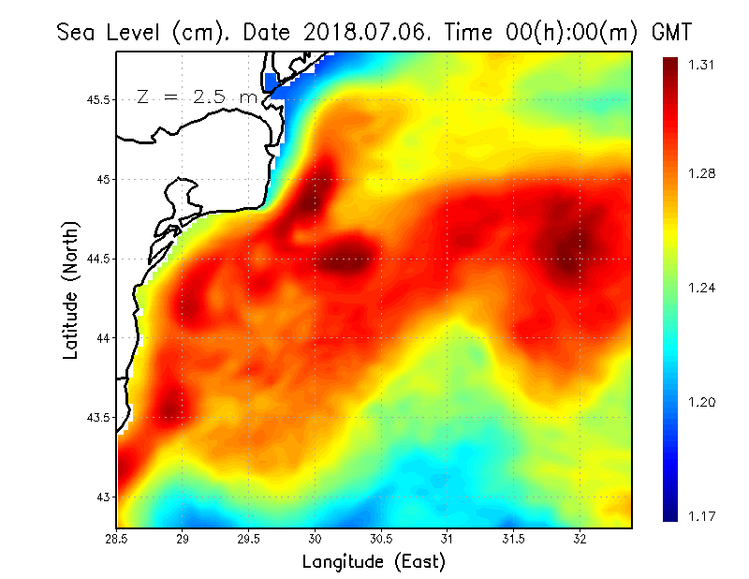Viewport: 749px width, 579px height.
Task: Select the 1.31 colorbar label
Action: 702,65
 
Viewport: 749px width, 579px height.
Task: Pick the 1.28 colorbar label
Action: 702,173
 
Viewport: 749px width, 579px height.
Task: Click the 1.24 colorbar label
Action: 702,288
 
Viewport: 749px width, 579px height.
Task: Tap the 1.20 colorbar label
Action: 702,402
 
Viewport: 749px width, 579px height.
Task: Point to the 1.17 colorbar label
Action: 702,515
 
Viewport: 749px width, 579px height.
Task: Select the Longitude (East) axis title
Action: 374,562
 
